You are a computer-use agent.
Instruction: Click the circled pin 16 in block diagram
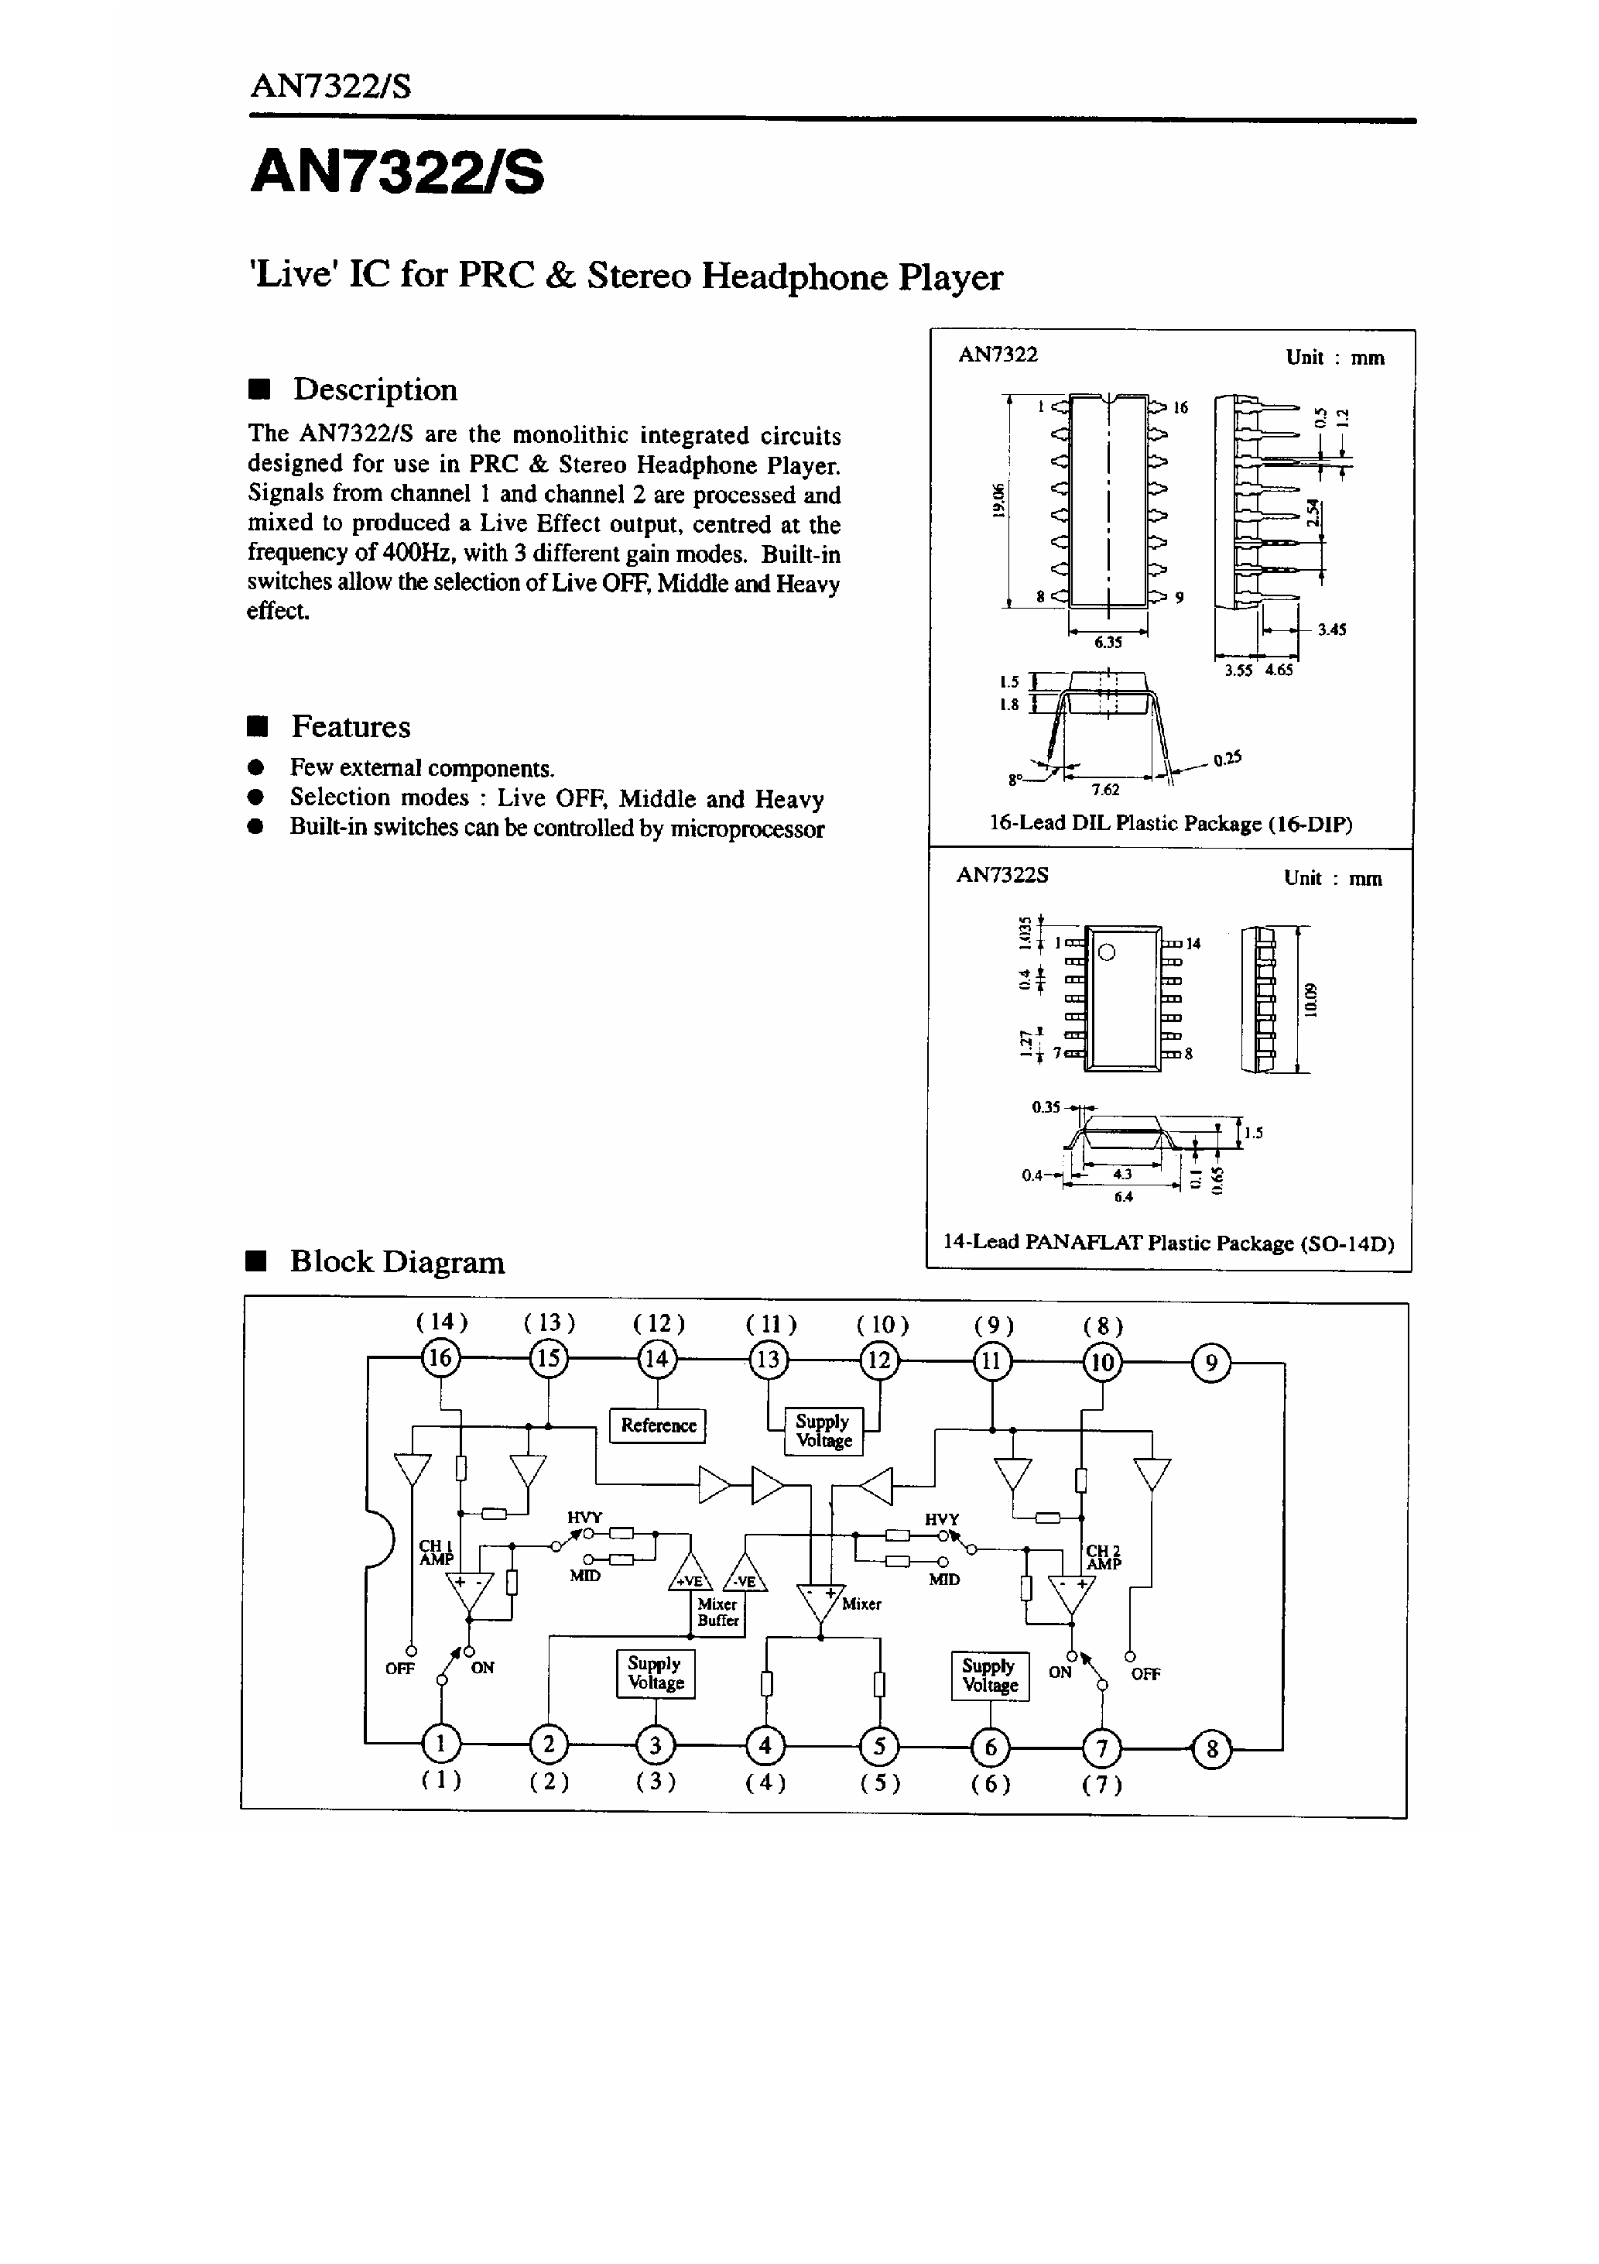coord(439,1359)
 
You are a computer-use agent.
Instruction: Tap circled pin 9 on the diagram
coord(1211,1363)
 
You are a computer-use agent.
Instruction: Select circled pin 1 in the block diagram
coord(440,1744)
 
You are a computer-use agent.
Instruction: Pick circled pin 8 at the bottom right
coord(1211,1749)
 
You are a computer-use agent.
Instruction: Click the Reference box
coord(658,1425)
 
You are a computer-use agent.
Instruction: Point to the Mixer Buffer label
coord(717,1612)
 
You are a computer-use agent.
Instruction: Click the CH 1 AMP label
coord(436,1552)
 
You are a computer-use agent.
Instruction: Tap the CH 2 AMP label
coord(1103,1557)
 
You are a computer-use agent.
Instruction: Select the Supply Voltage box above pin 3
coord(656,1673)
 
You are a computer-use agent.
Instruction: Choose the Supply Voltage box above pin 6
coord(990,1676)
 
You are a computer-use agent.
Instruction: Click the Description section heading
coord(375,389)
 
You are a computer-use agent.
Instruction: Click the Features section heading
coord(350,727)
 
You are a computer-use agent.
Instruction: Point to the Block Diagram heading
coord(396,1261)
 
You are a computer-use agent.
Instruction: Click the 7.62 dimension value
coord(1105,789)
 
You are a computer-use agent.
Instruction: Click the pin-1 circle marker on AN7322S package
coord(1107,952)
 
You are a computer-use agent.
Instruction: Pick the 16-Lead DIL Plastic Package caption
coord(1170,823)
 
